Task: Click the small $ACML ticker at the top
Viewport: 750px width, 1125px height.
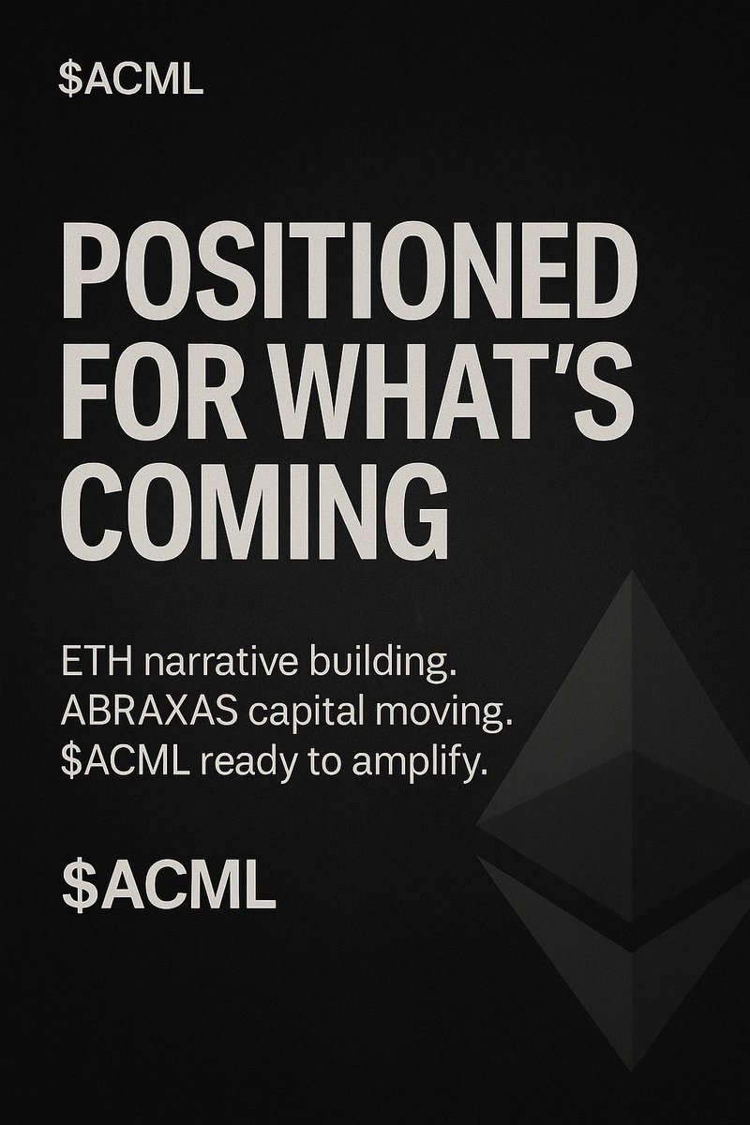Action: point(130,79)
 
